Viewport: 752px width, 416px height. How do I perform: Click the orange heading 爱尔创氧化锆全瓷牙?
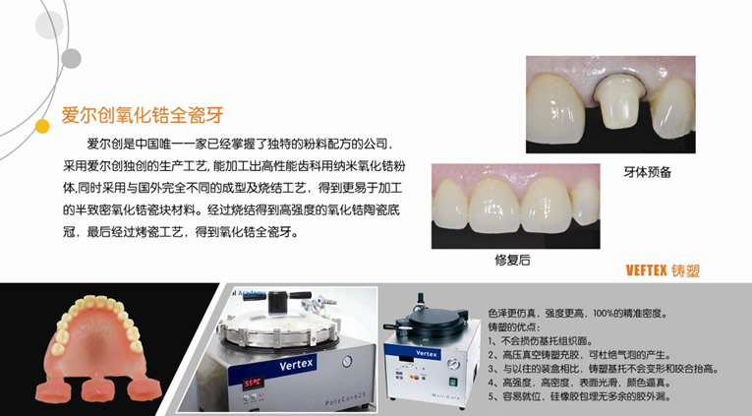click(143, 115)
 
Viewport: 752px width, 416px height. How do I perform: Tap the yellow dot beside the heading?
click(42, 126)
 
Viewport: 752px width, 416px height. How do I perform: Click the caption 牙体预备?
click(648, 172)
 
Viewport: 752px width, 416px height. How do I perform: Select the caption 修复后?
click(513, 260)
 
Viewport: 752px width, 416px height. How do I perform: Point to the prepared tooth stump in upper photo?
click(618, 101)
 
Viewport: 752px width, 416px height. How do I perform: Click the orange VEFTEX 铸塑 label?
click(663, 270)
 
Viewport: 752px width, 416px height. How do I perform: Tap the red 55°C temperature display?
click(253, 383)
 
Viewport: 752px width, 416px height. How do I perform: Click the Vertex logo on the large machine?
click(297, 364)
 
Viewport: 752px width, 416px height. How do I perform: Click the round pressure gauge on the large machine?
click(347, 361)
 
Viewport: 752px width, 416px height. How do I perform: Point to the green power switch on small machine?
click(453, 383)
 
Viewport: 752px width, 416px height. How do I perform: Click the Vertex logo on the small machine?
click(427, 354)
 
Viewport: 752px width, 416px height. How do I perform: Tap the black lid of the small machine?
click(435, 318)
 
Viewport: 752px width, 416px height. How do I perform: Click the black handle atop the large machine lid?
click(277, 299)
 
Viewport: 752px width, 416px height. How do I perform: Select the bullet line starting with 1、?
click(541, 341)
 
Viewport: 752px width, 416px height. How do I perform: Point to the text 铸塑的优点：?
click(514, 327)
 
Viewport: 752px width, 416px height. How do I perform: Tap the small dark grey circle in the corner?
click(71, 59)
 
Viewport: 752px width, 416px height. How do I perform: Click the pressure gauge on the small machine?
click(453, 364)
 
